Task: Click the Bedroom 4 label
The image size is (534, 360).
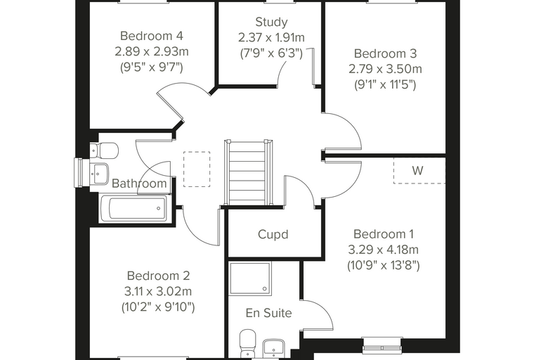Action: tap(152, 35)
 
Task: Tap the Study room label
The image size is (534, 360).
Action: tap(271, 22)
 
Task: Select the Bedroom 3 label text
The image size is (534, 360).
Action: tap(385, 53)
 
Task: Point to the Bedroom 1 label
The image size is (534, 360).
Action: tap(384, 234)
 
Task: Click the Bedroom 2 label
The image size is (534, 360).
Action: tap(158, 276)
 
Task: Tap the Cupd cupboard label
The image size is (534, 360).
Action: tap(273, 235)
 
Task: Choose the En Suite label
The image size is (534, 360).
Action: tap(268, 313)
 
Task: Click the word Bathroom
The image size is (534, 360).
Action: tap(139, 184)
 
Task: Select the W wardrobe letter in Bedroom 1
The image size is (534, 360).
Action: tap(417, 170)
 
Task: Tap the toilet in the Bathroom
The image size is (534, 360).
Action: tap(104, 150)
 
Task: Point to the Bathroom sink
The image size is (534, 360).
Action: tap(99, 174)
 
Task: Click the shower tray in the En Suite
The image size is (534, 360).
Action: tap(250, 278)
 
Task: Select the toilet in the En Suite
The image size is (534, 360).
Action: tap(247, 342)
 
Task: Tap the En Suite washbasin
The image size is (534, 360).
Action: tap(274, 348)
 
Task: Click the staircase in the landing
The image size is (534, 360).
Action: tap(248, 172)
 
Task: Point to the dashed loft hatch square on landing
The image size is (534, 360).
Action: tap(197, 169)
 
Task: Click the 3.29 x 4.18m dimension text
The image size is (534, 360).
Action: tap(384, 250)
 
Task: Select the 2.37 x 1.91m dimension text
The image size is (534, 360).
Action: tap(271, 37)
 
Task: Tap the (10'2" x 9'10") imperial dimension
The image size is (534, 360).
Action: tap(158, 307)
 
